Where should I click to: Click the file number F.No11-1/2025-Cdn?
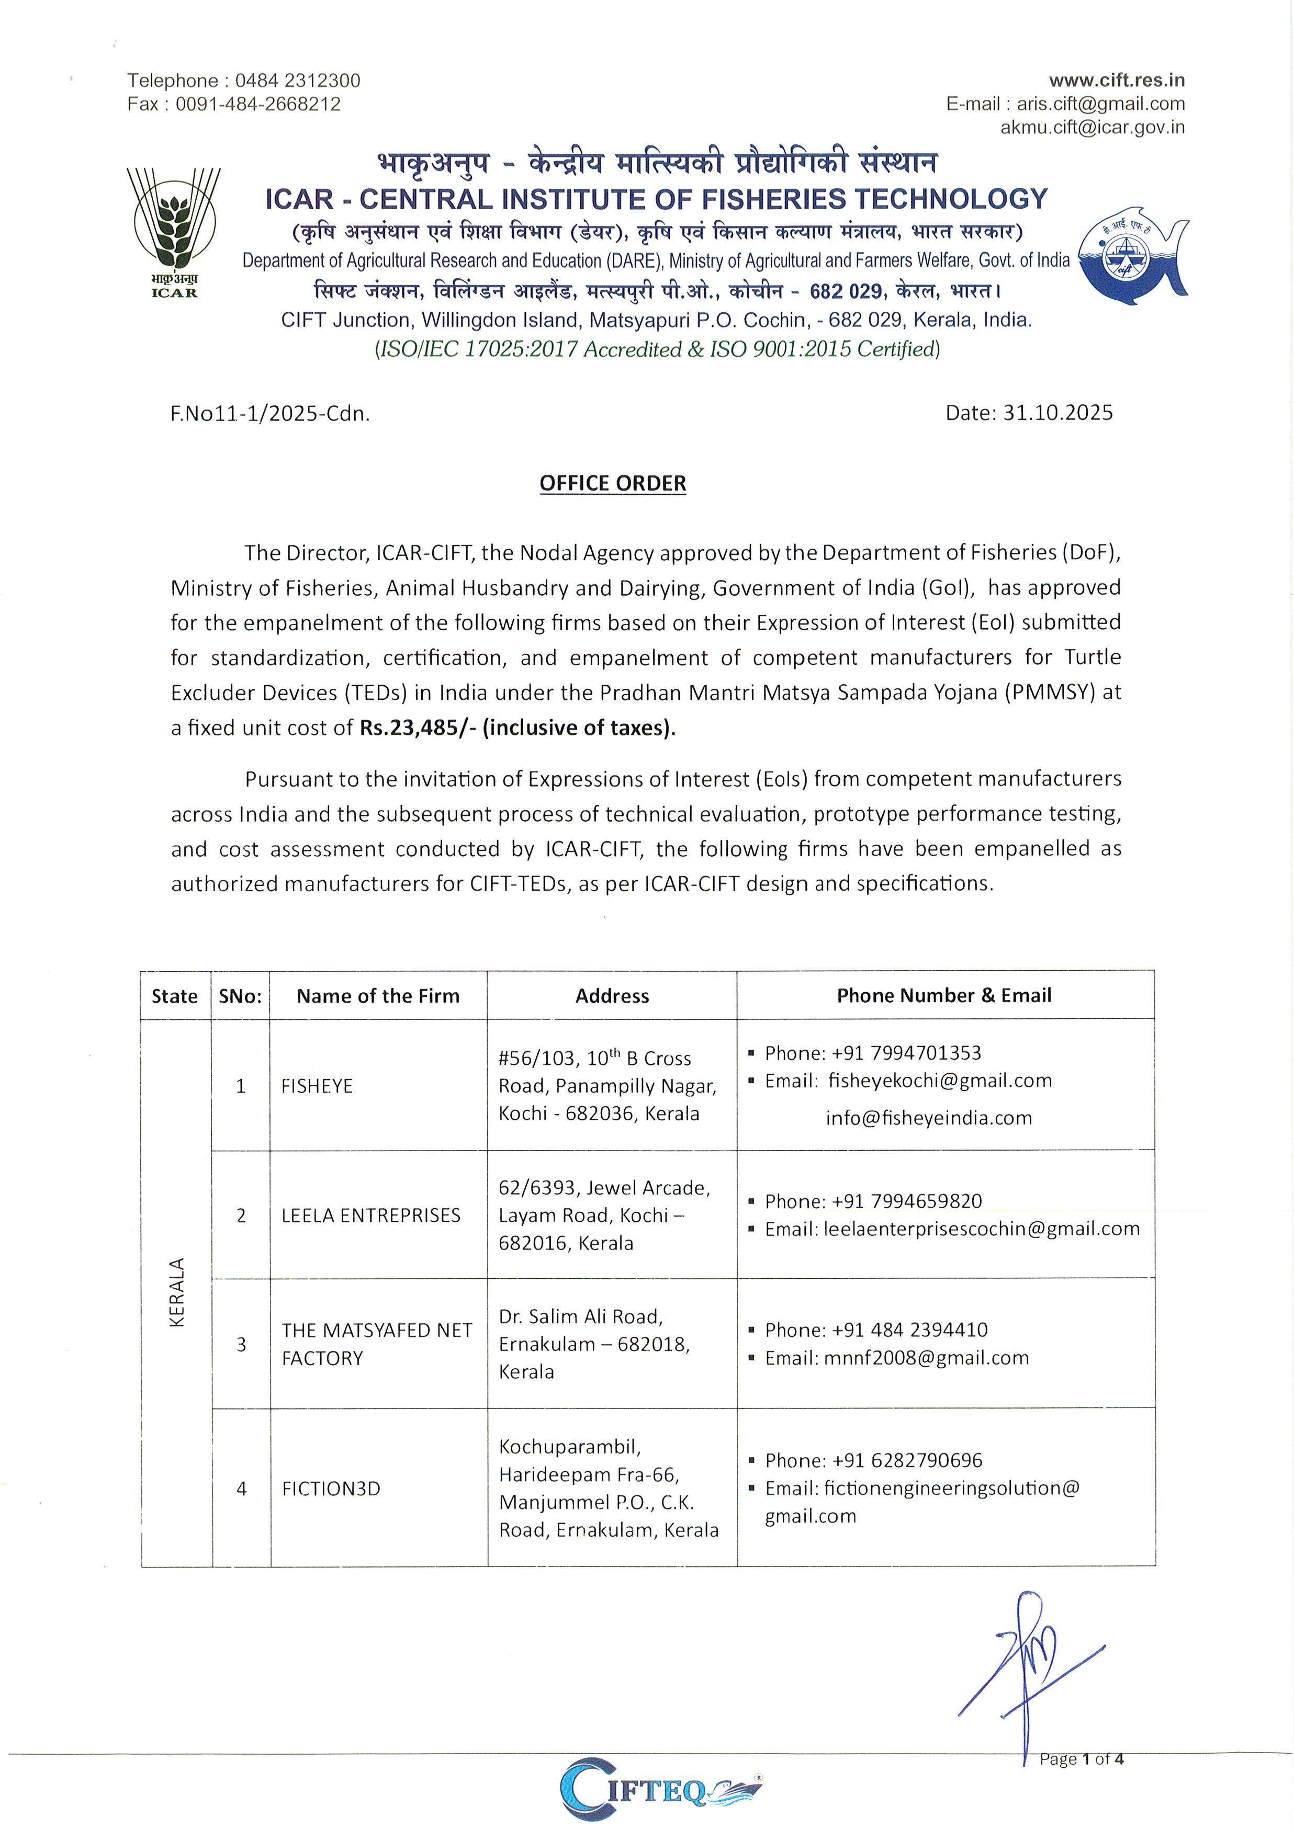(269, 413)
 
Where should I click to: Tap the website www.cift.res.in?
(1116, 81)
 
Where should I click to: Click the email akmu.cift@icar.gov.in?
(1093, 128)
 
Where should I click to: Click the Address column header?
(612, 996)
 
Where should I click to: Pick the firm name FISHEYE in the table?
(317, 1086)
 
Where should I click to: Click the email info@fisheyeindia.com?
(928, 1118)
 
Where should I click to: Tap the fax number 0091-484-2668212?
(257, 105)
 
